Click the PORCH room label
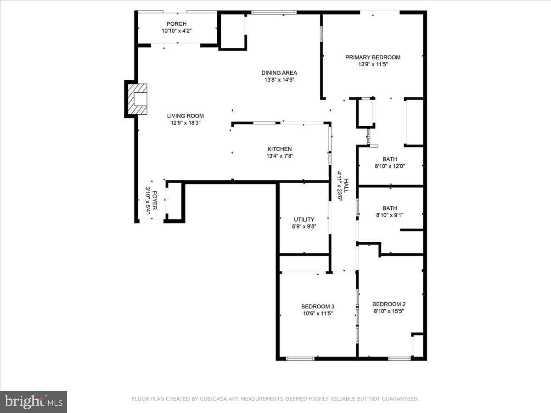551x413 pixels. (x=176, y=24)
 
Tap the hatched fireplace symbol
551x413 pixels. (x=138, y=99)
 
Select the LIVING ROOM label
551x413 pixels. (x=185, y=116)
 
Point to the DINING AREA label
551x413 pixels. (x=279, y=73)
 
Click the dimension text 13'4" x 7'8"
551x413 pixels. (x=280, y=156)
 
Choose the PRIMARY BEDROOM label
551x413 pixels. (x=373, y=57)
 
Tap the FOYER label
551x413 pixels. (x=155, y=201)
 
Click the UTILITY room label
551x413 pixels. (x=304, y=219)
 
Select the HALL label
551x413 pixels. (x=346, y=186)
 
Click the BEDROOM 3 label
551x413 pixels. (x=318, y=307)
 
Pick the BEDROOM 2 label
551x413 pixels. (x=389, y=304)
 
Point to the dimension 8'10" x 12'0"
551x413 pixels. (x=390, y=166)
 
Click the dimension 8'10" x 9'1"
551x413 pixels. (x=389, y=215)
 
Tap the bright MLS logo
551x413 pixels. (x=34, y=402)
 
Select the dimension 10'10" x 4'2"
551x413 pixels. (x=176, y=31)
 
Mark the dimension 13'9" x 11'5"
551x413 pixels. (x=373, y=64)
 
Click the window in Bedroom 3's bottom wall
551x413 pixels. (x=300, y=359)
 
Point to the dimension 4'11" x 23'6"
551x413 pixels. (x=339, y=186)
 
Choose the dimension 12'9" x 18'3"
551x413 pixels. (x=186, y=123)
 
